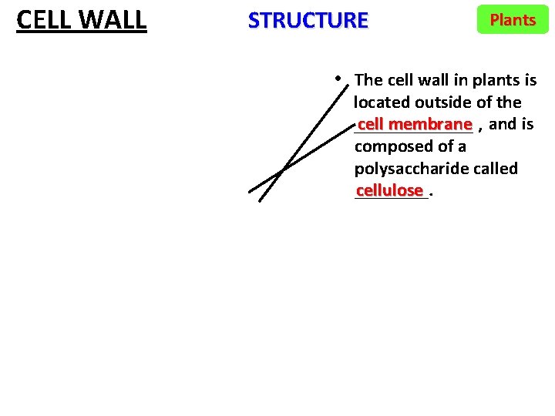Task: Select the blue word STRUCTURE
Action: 308,20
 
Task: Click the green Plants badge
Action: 513,20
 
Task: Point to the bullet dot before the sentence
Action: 339,78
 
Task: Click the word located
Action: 382,102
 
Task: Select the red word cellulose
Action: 390,190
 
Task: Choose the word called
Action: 494,169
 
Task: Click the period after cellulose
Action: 431,193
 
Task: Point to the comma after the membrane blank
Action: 481,127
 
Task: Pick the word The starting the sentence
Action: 368,80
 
